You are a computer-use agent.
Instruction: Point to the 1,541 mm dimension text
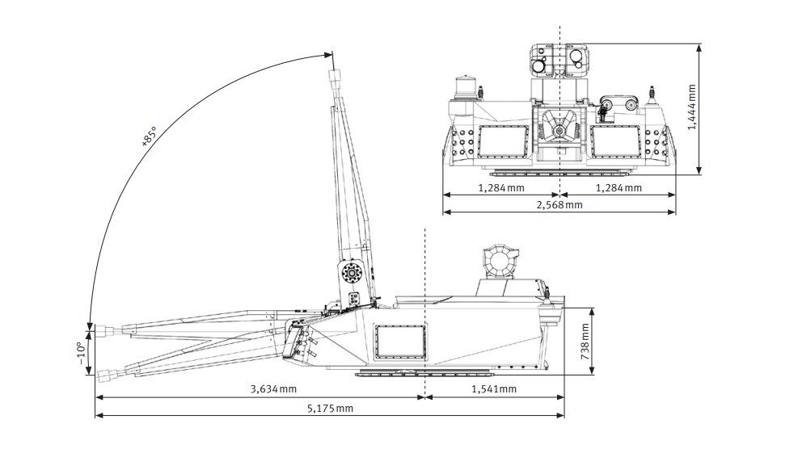492,389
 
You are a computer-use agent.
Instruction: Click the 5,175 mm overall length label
330,409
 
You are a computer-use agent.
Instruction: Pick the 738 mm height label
585,342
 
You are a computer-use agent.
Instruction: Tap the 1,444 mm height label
692,109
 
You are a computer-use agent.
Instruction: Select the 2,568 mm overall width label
558,205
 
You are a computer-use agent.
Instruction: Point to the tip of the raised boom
335,77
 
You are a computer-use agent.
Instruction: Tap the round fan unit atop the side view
496,262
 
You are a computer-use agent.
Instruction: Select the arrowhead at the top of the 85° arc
329,56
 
